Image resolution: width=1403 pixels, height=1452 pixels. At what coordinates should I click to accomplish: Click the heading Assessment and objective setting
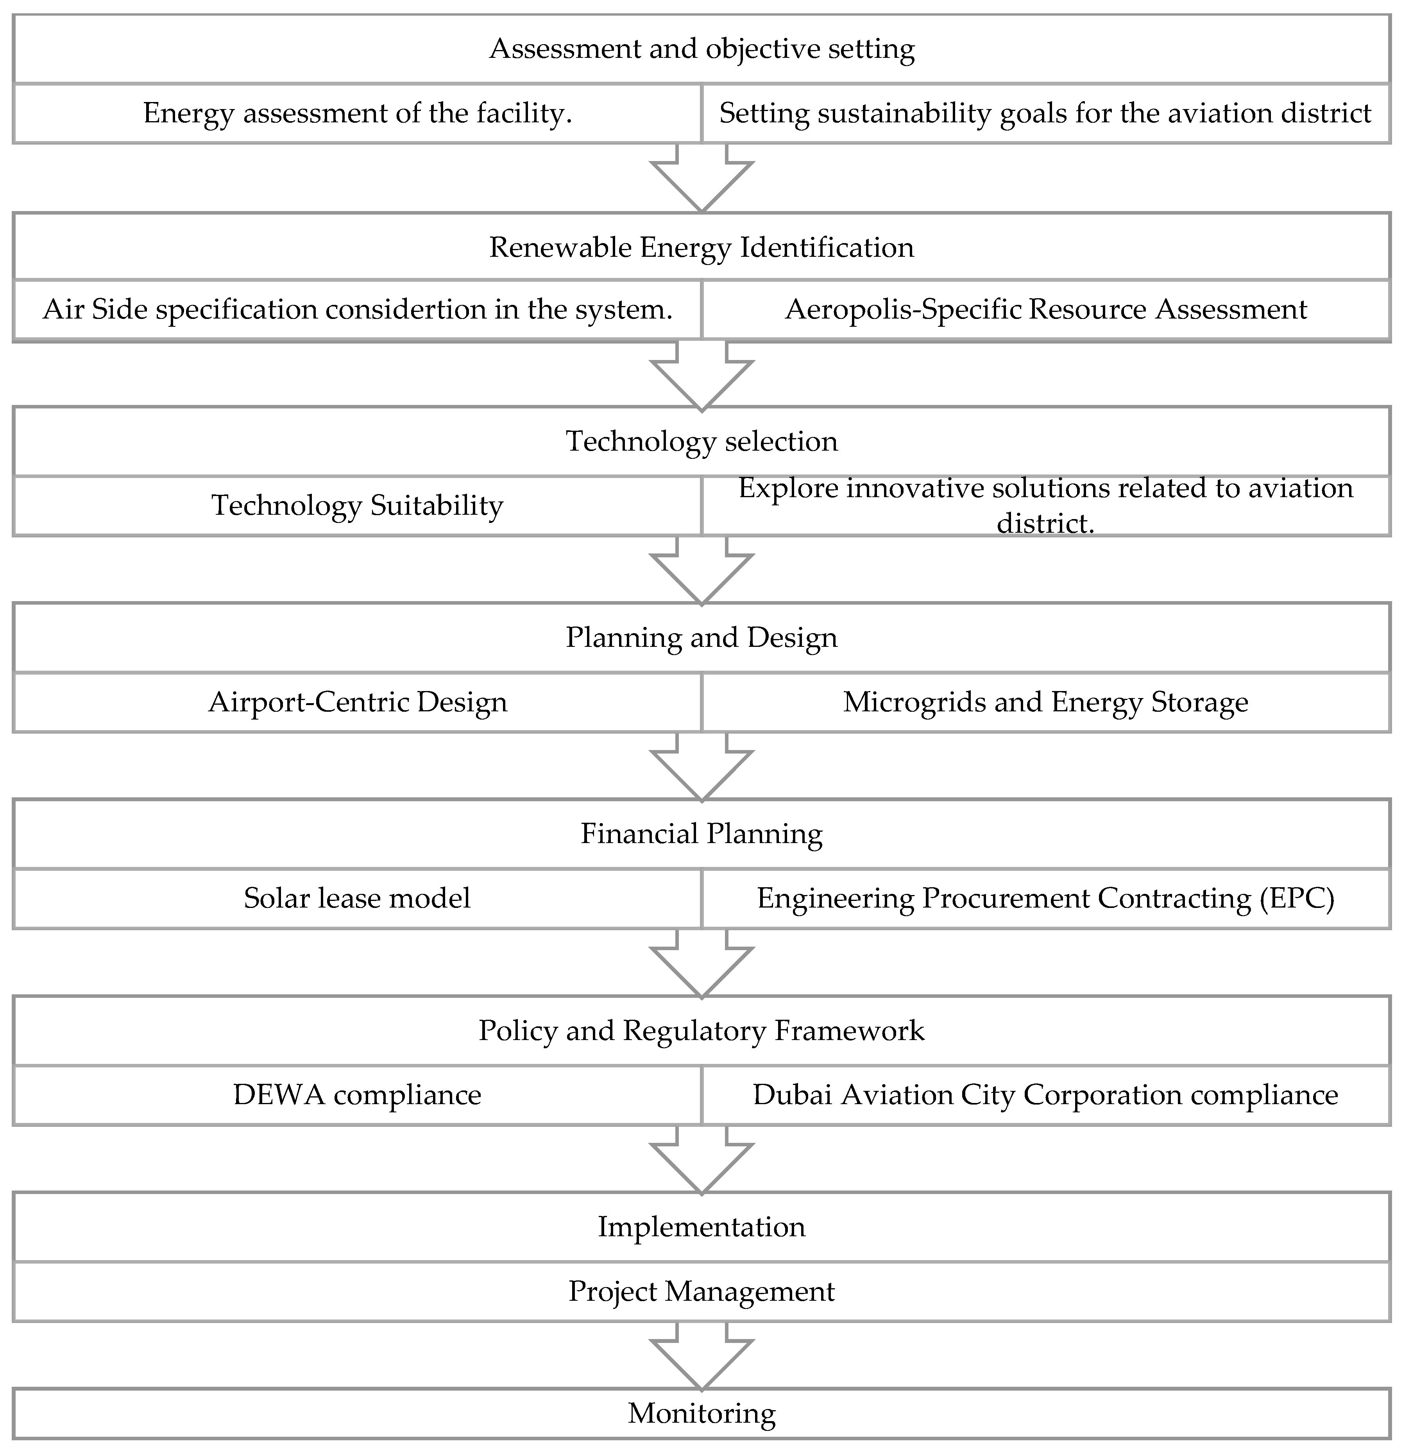pos(701,49)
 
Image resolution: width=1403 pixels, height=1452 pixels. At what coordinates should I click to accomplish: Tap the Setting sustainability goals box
pos(1045,113)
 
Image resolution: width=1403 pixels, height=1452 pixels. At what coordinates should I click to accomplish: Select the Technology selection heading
pos(701,442)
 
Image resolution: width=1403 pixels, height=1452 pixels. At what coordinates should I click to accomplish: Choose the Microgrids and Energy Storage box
pos(1045,702)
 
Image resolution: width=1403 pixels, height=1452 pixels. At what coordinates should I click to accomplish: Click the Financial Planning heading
pos(701,834)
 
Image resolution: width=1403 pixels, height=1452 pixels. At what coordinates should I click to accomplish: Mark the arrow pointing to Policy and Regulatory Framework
pos(701,965)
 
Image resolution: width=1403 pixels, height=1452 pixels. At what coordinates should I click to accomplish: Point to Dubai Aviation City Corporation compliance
pos(1045,1095)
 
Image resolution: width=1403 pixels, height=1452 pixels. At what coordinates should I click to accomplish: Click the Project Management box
pos(701,1291)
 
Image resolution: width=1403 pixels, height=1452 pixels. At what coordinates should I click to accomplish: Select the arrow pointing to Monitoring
pos(701,1358)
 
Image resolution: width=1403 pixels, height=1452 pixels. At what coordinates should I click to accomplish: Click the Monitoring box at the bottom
pos(701,1413)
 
